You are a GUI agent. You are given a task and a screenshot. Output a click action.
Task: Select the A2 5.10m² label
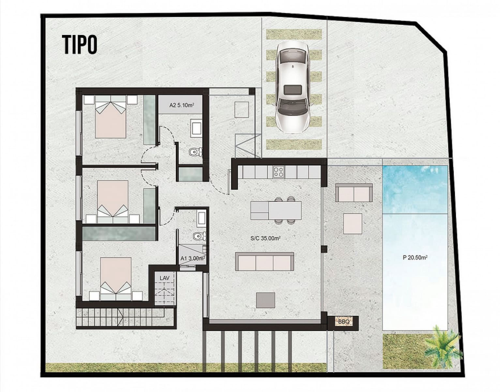(182, 105)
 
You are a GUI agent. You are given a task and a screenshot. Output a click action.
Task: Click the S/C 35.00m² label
(265, 238)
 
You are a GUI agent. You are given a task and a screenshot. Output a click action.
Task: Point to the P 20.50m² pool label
(415, 257)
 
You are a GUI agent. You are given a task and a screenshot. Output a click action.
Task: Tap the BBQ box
(344, 322)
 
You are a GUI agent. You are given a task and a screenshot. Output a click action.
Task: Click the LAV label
(165, 278)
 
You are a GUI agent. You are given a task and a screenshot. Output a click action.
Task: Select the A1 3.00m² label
(192, 258)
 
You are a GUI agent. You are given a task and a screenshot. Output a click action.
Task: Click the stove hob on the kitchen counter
(279, 172)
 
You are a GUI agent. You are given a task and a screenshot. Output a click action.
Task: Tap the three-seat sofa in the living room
(265, 261)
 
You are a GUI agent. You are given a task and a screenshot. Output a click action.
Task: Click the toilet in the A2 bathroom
(195, 152)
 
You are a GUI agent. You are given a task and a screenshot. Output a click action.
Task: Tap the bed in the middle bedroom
(113, 201)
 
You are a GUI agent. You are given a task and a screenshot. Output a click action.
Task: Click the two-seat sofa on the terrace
(354, 193)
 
